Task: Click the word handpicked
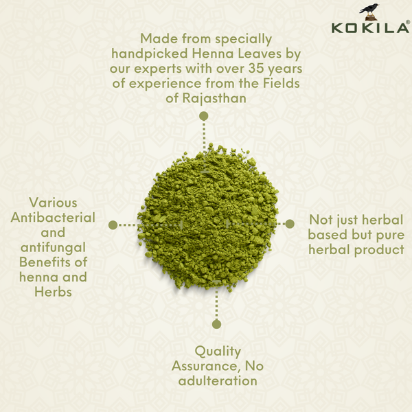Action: click(x=143, y=54)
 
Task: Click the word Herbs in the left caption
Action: click(x=52, y=293)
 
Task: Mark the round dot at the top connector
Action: click(x=203, y=116)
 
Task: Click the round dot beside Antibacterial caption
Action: click(x=113, y=225)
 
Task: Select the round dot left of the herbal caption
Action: click(x=290, y=224)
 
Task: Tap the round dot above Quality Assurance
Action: click(x=216, y=323)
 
